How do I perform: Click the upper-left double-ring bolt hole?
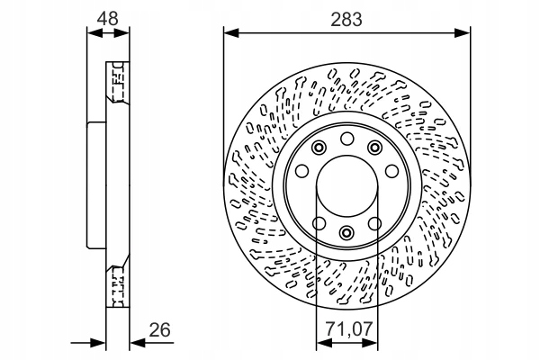click(319, 148)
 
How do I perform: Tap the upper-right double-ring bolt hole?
click(374, 148)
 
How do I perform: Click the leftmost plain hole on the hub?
click(303, 170)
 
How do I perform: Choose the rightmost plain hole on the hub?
click(391, 170)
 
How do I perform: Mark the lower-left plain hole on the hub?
click(319, 222)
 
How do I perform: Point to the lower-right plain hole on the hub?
click(374, 222)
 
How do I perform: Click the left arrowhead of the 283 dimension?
click(229, 33)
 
